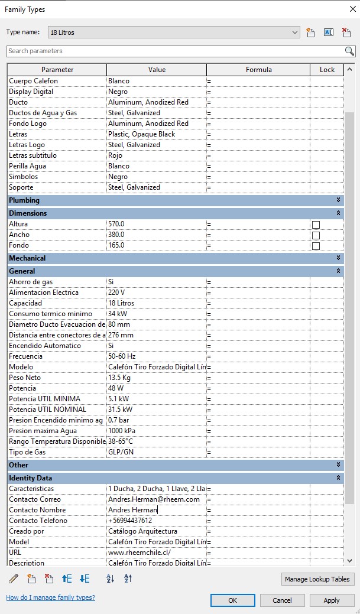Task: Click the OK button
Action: point(233,600)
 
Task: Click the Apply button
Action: point(332,600)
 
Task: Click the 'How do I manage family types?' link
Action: point(50,597)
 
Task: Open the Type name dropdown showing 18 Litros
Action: point(174,32)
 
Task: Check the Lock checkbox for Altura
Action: point(316,225)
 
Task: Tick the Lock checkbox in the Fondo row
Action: point(316,246)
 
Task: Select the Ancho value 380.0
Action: point(156,235)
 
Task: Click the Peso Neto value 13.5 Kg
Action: point(156,378)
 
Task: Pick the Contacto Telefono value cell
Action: point(156,521)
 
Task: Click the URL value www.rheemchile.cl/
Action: point(156,553)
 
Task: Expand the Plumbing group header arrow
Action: point(339,200)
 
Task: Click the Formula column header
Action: point(258,70)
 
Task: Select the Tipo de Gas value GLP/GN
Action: point(156,452)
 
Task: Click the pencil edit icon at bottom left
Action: point(14,579)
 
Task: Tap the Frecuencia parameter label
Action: point(27,356)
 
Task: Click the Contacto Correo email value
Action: point(156,499)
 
